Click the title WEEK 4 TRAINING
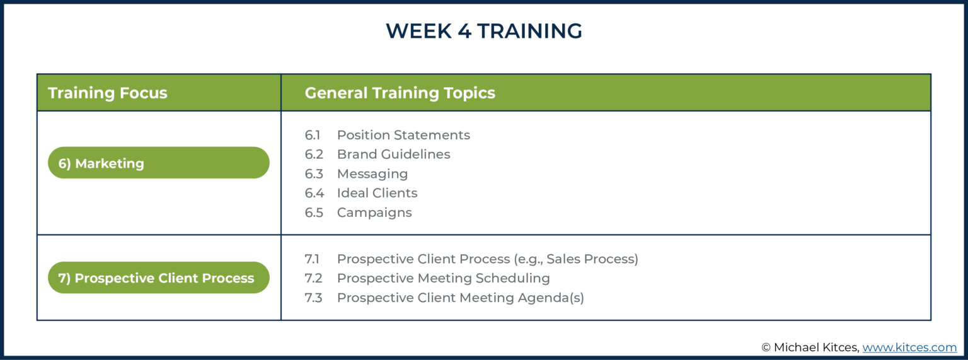[483, 31]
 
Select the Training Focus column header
[108, 93]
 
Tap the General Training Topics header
[400, 93]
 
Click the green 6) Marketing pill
[158, 163]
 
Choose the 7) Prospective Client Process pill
[158, 278]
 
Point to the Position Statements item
[403, 135]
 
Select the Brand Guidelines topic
[393, 154]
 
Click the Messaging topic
[372, 174]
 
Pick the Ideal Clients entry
[377, 193]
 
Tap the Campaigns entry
[374, 212]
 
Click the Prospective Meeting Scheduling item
[443, 278]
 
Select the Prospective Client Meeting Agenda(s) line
[460, 298]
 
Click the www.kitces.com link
[909, 347]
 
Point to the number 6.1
[313, 135]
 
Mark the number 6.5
[314, 212]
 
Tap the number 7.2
[313, 278]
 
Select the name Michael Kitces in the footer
[816, 347]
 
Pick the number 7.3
[313, 298]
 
